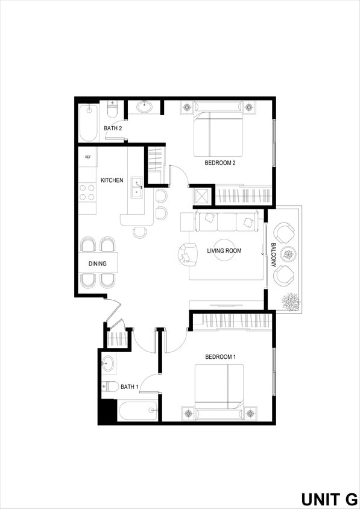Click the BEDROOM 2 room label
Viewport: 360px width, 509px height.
[x=219, y=163]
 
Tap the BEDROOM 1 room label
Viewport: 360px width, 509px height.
[x=219, y=357]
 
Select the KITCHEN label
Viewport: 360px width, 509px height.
[x=112, y=180]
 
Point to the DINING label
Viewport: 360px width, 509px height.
[x=98, y=264]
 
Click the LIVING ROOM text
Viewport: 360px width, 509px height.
[x=224, y=251]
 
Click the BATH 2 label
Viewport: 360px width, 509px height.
[x=113, y=128]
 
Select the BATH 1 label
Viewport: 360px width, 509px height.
[x=130, y=387]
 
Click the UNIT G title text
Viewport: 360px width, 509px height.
[x=329, y=499]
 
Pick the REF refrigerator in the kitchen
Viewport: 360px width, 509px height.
[x=87, y=157]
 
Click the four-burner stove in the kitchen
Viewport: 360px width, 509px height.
[x=87, y=192]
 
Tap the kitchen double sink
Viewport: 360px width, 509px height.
[x=137, y=189]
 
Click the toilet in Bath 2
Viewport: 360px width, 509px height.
[x=112, y=110]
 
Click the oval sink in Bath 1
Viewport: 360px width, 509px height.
[x=108, y=364]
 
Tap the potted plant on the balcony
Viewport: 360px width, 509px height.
[x=291, y=301]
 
